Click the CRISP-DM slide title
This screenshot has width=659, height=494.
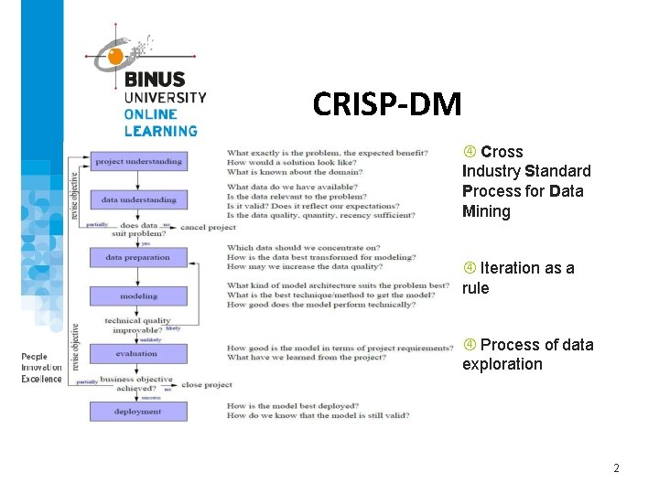pyautogui.click(x=386, y=104)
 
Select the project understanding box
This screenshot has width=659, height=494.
pyautogui.click(x=138, y=161)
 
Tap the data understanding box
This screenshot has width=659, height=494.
pyautogui.click(x=138, y=199)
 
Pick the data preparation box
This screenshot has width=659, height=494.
pyautogui.click(x=138, y=257)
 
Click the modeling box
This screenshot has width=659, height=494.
pyautogui.click(x=138, y=295)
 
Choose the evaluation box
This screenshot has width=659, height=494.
pyautogui.click(x=138, y=353)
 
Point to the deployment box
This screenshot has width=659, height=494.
pyautogui.click(x=138, y=412)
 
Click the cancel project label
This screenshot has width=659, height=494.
pyautogui.click(x=208, y=227)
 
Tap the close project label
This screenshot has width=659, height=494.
pyautogui.click(x=207, y=384)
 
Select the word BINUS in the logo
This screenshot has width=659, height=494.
pyautogui.click(x=155, y=81)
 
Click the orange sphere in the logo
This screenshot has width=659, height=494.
pyautogui.click(x=115, y=58)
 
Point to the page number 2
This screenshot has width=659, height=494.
pyautogui.click(x=616, y=468)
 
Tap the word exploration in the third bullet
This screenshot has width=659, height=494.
pyautogui.click(x=502, y=364)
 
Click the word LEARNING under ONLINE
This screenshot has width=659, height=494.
pyautogui.click(x=161, y=131)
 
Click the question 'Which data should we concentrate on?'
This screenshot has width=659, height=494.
pyautogui.click(x=303, y=247)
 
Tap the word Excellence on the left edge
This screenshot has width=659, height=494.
pyautogui.click(x=42, y=379)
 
